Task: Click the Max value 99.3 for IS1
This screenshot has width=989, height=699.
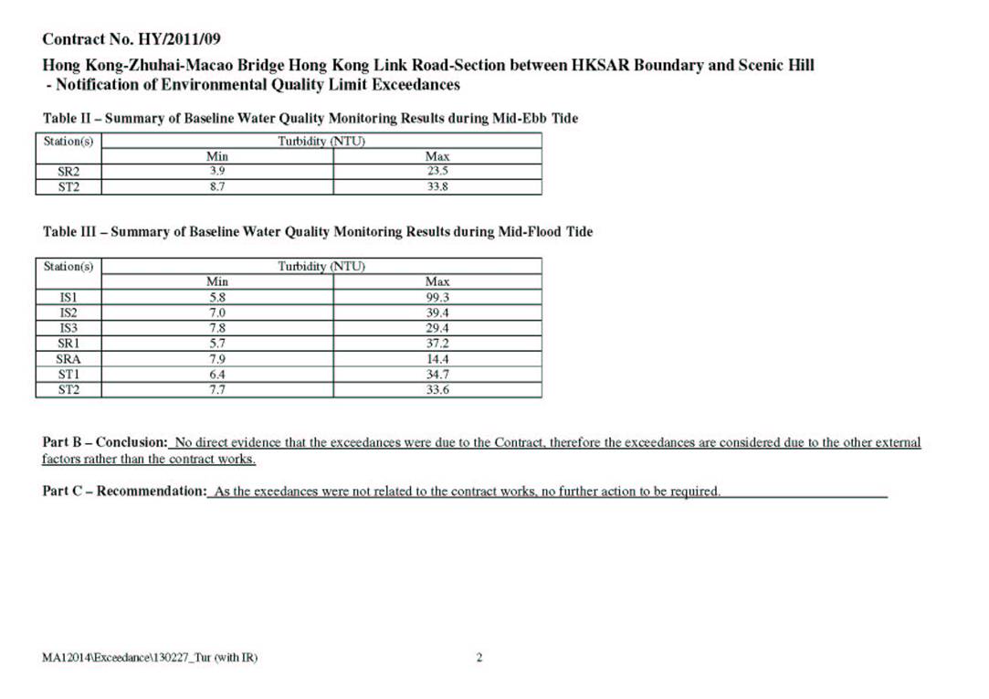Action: point(437,297)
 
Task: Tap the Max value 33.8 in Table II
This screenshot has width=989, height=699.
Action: point(437,186)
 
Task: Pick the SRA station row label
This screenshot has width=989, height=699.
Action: point(68,359)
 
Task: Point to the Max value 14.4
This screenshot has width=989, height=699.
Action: point(437,359)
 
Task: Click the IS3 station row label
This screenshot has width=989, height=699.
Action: point(68,328)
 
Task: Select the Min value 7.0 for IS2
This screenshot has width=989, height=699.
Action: point(217,312)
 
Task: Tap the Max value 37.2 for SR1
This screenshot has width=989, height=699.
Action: point(437,344)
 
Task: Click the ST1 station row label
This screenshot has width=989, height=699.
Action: point(68,375)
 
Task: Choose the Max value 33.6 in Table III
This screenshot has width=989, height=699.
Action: point(437,390)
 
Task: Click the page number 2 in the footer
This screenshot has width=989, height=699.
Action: point(479,657)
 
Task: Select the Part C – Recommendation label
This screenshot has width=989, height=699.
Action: point(125,492)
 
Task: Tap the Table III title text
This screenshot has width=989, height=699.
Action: point(317,232)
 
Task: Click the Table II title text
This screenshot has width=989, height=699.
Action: point(310,119)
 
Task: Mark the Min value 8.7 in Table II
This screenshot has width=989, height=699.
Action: point(217,186)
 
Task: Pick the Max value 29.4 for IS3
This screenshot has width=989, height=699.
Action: point(437,328)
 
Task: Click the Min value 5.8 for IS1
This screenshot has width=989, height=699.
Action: point(217,297)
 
